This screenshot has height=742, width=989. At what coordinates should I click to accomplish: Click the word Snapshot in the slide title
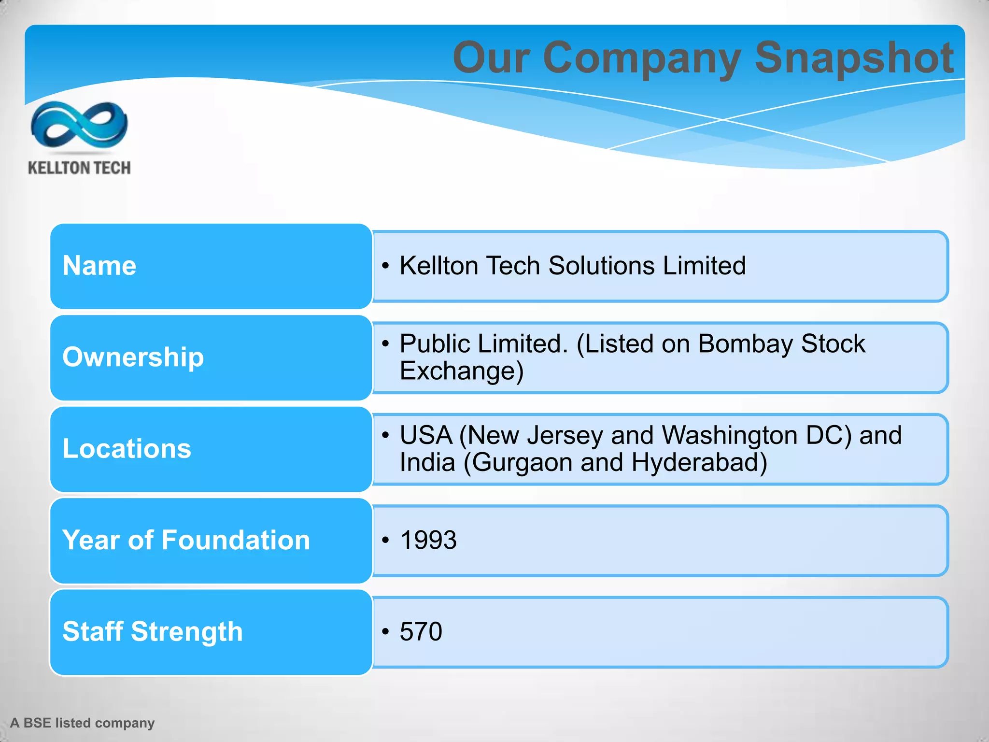[854, 58]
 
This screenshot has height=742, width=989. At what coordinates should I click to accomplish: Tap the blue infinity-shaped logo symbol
[79, 125]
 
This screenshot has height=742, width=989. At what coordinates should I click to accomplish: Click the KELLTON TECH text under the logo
[79, 168]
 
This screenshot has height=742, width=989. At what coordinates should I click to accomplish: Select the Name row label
[99, 266]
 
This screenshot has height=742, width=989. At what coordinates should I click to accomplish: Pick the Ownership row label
[133, 357]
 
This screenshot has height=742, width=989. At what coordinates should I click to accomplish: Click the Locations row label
[127, 448]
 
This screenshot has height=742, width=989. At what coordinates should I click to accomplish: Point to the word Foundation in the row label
[236, 540]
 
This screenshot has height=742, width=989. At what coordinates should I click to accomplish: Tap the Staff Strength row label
[153, 631]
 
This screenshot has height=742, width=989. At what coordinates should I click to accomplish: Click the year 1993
[428, 540]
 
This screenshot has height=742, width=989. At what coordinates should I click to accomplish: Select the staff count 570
[421, 632]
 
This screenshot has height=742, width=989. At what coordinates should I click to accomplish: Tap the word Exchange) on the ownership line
[462, 371]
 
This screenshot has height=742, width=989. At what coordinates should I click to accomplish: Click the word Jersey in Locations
[565, 435]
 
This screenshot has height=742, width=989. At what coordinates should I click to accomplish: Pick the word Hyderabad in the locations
[699, 462]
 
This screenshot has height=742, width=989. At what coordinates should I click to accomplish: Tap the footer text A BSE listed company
[83, 723]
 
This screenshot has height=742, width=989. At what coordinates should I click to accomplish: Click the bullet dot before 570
[385, 632]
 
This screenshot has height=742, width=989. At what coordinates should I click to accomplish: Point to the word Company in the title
[642, 58]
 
